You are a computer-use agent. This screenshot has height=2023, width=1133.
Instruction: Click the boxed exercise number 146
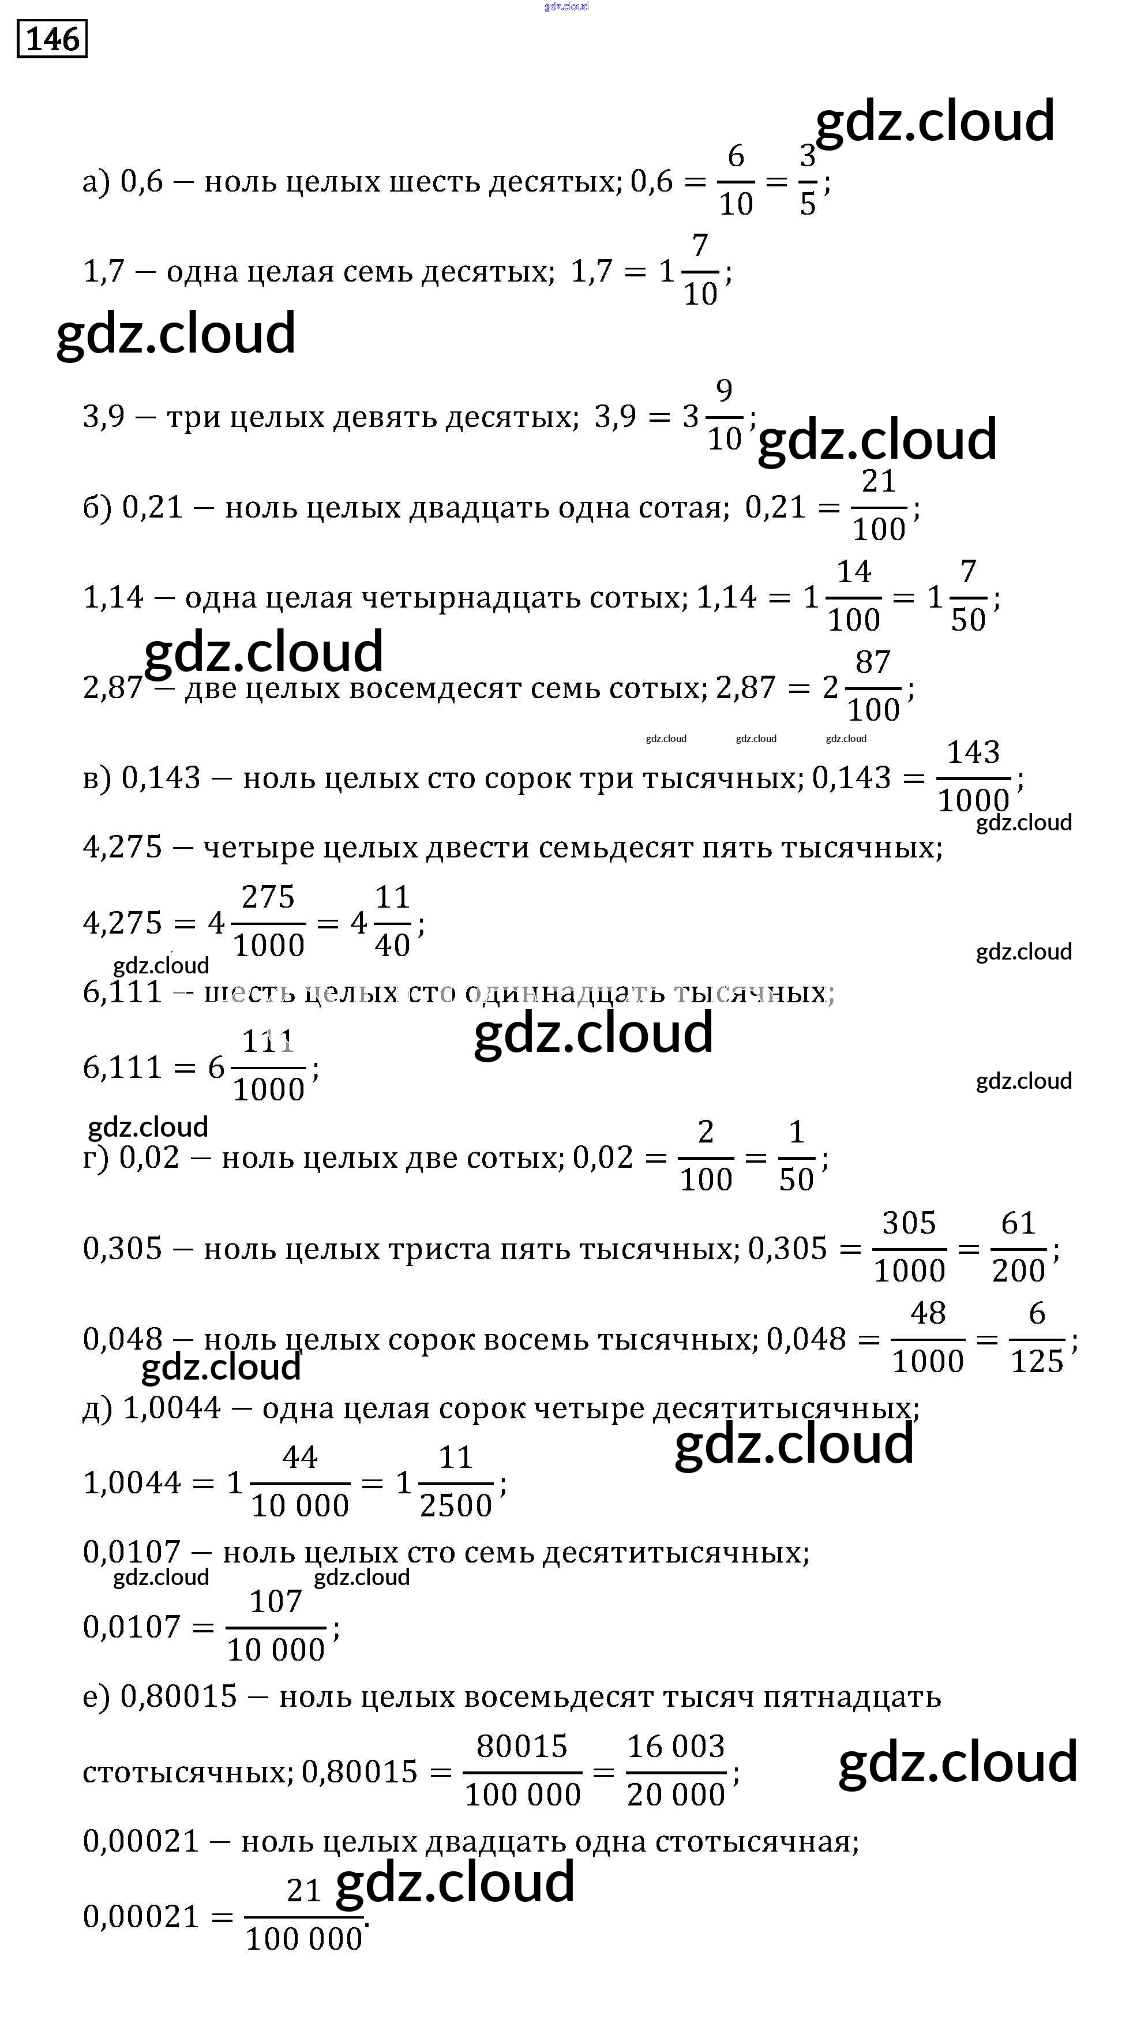(52, 39)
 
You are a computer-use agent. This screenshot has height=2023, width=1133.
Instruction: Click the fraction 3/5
(808, 181)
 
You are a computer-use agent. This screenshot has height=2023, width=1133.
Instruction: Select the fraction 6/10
(736, 181)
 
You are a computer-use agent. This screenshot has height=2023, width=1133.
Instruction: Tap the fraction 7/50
(967, 596)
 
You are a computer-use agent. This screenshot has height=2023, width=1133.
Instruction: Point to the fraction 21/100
(879, 505)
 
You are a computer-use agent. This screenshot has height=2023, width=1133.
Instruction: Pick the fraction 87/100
(873, 687)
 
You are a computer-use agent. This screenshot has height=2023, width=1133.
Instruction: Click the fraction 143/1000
(973, 777)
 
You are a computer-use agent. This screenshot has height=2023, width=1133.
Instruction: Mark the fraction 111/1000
(268, 1066)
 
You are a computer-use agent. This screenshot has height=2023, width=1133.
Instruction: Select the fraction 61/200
(1018, 1247)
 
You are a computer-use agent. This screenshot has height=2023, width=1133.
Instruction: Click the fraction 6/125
(1037, 1338)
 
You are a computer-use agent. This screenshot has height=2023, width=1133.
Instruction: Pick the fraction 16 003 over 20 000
(676, 1771)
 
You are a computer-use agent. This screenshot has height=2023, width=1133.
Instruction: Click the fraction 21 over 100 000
(304, 1916)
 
